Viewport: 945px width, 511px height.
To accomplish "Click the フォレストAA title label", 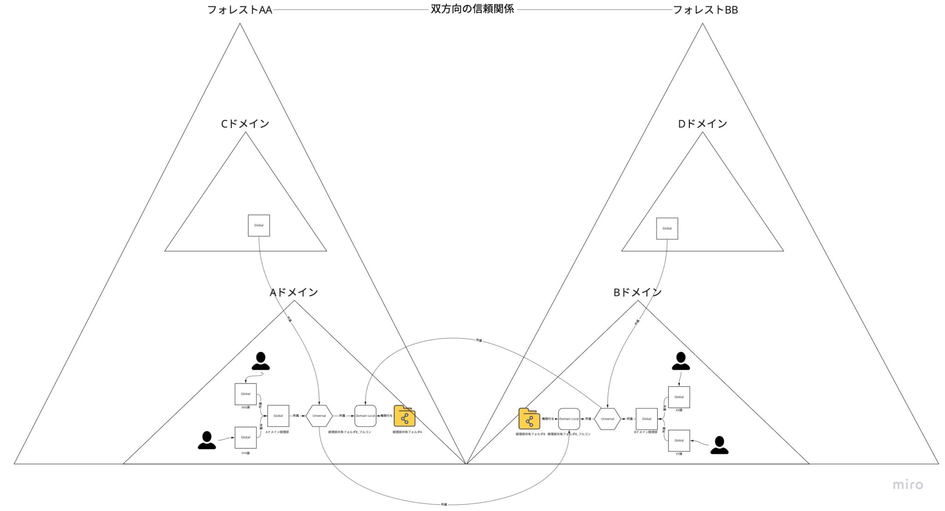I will (x=239, y=10).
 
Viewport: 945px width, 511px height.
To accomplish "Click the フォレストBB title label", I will (x=705, y=10).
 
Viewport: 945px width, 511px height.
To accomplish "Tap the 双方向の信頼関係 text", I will (x=472, y=9).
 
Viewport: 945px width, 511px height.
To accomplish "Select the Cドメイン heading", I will (x=245, y=124).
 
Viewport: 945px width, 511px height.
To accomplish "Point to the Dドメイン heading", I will (x=702, y=124).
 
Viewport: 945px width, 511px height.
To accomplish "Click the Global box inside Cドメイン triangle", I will (x=259, y=225).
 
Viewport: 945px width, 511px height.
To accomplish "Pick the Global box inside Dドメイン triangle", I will (x=667, y=228).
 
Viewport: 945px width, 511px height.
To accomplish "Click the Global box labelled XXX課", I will (x=245, y=394).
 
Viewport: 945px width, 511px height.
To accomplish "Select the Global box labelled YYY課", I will (x=245, y=437).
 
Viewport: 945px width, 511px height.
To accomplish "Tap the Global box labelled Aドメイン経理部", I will (x=278, y=415).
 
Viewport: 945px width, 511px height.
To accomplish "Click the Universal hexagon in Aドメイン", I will (x=319, y=415).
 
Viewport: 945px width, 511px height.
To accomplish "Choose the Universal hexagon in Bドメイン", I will (x=607, y=419).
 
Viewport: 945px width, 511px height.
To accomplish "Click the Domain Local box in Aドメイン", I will (x=365, y=415).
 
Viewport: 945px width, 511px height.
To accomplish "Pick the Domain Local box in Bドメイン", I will (x=569, y=419).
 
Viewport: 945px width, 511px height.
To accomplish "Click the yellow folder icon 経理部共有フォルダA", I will (x=404, y=416).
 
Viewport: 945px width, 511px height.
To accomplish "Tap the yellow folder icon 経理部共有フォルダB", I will (x=529, y=419).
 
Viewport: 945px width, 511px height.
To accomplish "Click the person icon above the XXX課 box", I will (x=261, y=361).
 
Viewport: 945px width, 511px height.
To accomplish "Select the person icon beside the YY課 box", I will (x=719, y=445).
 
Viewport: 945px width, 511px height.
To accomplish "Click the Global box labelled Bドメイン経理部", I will (x=646, y=419).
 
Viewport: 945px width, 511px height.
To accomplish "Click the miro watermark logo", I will (x=908, y=485).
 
